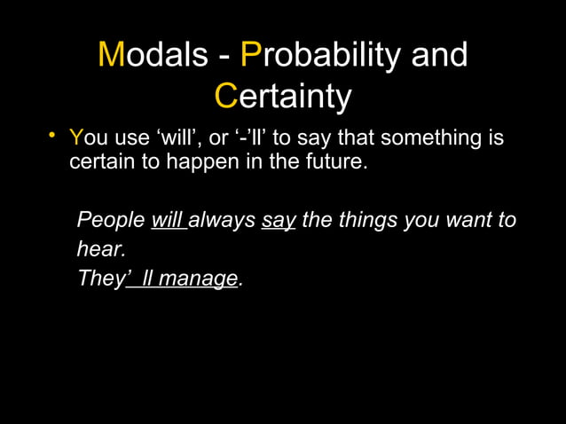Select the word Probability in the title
point(320,56)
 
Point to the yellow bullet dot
point(52,135)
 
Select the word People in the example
point(112,220)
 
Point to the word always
point(222,220)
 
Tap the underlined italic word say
point(278,220)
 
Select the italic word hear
point(99,249)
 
